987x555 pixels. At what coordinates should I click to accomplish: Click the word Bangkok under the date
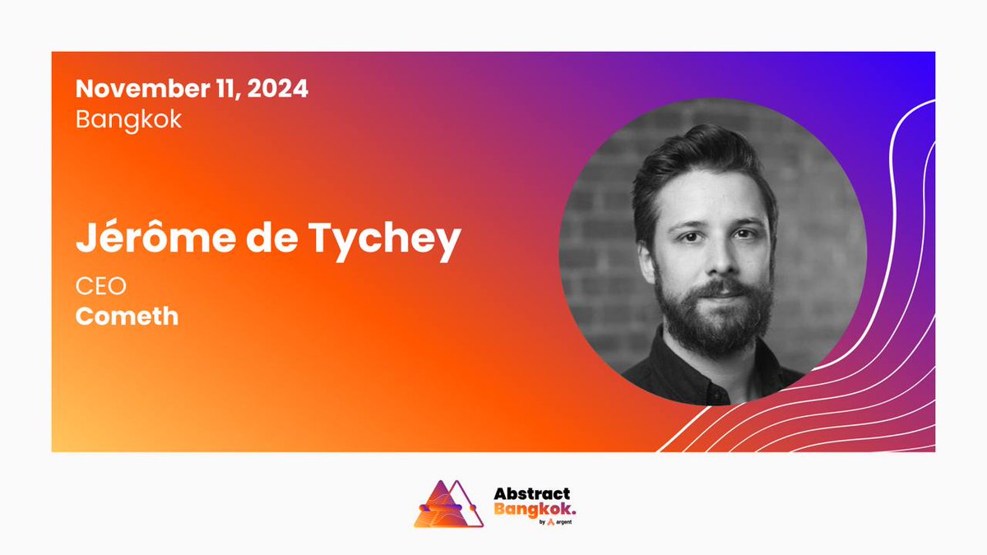[x=128, y=119]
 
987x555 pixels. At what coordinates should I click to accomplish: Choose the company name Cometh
[x=127, y=317]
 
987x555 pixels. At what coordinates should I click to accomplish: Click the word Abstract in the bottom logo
[x=531, y=494]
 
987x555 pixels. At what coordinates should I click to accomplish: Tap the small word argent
[x=563, y=522]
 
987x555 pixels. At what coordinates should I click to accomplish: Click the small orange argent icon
[x=549, y=522]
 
